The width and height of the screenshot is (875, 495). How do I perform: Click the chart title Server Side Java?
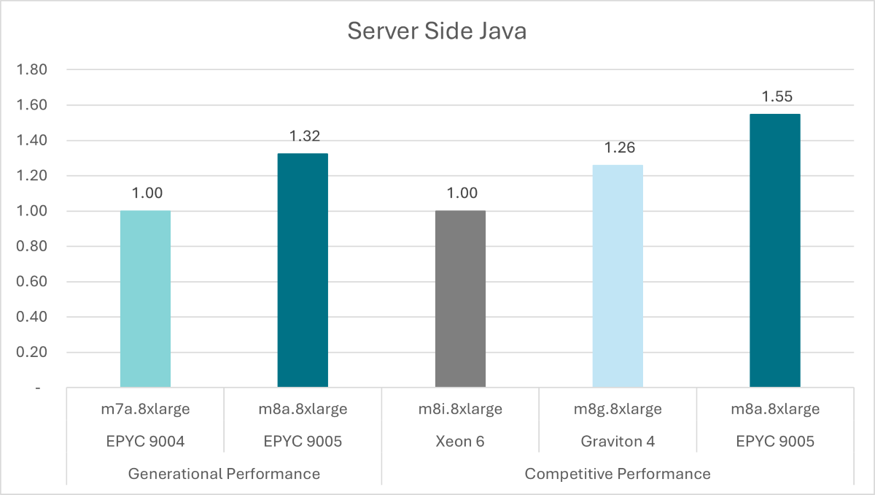coord(436,31)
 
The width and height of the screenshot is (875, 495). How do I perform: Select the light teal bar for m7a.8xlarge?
coord(145,299)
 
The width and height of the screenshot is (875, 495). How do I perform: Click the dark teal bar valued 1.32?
coord(303,270)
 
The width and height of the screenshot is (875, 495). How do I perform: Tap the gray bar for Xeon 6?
coord(460,299)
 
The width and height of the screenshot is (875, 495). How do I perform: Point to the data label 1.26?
coord(619,147)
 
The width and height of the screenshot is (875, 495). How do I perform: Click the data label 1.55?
coord(776,96)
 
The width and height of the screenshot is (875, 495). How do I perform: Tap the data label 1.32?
coord(304,137)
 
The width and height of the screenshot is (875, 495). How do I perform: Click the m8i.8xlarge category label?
coord(460,409)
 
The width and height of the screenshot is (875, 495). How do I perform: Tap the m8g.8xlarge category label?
coord(618,409)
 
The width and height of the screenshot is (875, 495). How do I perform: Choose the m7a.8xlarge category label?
coord(145,409)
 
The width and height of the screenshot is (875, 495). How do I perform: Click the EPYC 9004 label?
coord(145,441)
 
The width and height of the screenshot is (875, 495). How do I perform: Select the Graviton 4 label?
coord(618,441)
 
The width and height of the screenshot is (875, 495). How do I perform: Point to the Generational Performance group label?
coord(224,474)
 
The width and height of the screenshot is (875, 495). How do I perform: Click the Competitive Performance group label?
coord(617,474)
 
